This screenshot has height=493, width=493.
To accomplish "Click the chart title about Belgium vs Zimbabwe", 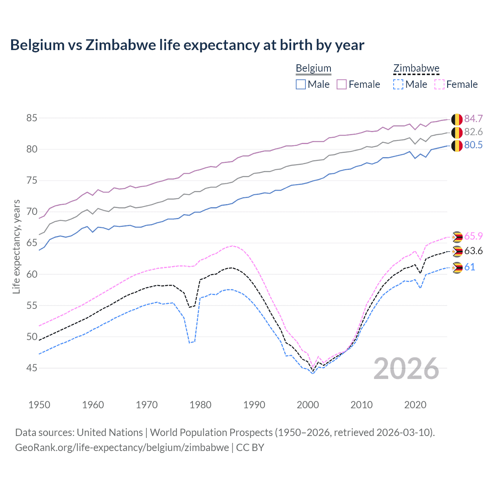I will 187,45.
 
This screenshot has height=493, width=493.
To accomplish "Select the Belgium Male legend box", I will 301,84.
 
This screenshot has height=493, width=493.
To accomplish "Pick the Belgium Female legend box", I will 342,84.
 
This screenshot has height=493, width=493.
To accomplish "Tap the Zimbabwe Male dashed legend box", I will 398,84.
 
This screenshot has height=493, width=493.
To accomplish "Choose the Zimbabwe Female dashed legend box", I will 439,84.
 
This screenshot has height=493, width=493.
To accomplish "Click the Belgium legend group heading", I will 314,69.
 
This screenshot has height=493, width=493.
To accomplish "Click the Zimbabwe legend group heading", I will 416,69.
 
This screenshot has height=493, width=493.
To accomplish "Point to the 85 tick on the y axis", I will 32,118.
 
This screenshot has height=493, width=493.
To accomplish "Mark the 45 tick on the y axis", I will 32,368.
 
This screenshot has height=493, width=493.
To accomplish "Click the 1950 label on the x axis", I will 39,405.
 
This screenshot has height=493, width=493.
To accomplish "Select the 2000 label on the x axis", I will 308,405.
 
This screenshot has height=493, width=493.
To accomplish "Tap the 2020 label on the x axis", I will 415,405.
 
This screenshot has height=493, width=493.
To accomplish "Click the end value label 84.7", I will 473,119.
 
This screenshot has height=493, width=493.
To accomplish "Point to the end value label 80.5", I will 473,145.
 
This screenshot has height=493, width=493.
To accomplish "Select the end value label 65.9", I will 473,236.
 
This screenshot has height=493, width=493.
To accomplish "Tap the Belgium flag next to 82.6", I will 457,132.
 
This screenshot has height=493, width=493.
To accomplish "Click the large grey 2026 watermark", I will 406,369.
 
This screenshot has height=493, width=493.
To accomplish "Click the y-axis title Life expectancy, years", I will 16,246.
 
